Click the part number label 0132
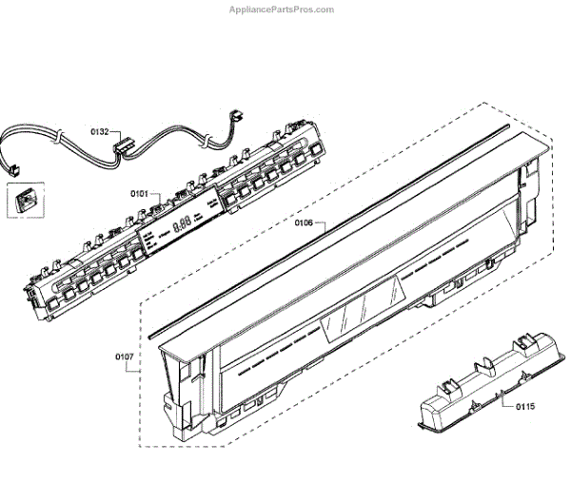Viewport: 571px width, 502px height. point(99,131)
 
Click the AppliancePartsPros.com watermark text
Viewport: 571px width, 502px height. point(282,10)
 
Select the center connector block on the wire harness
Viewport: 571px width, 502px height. point(121,148)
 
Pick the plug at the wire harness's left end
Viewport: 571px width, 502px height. point(14,169)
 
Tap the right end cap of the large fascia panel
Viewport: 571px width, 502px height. point(533,190)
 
